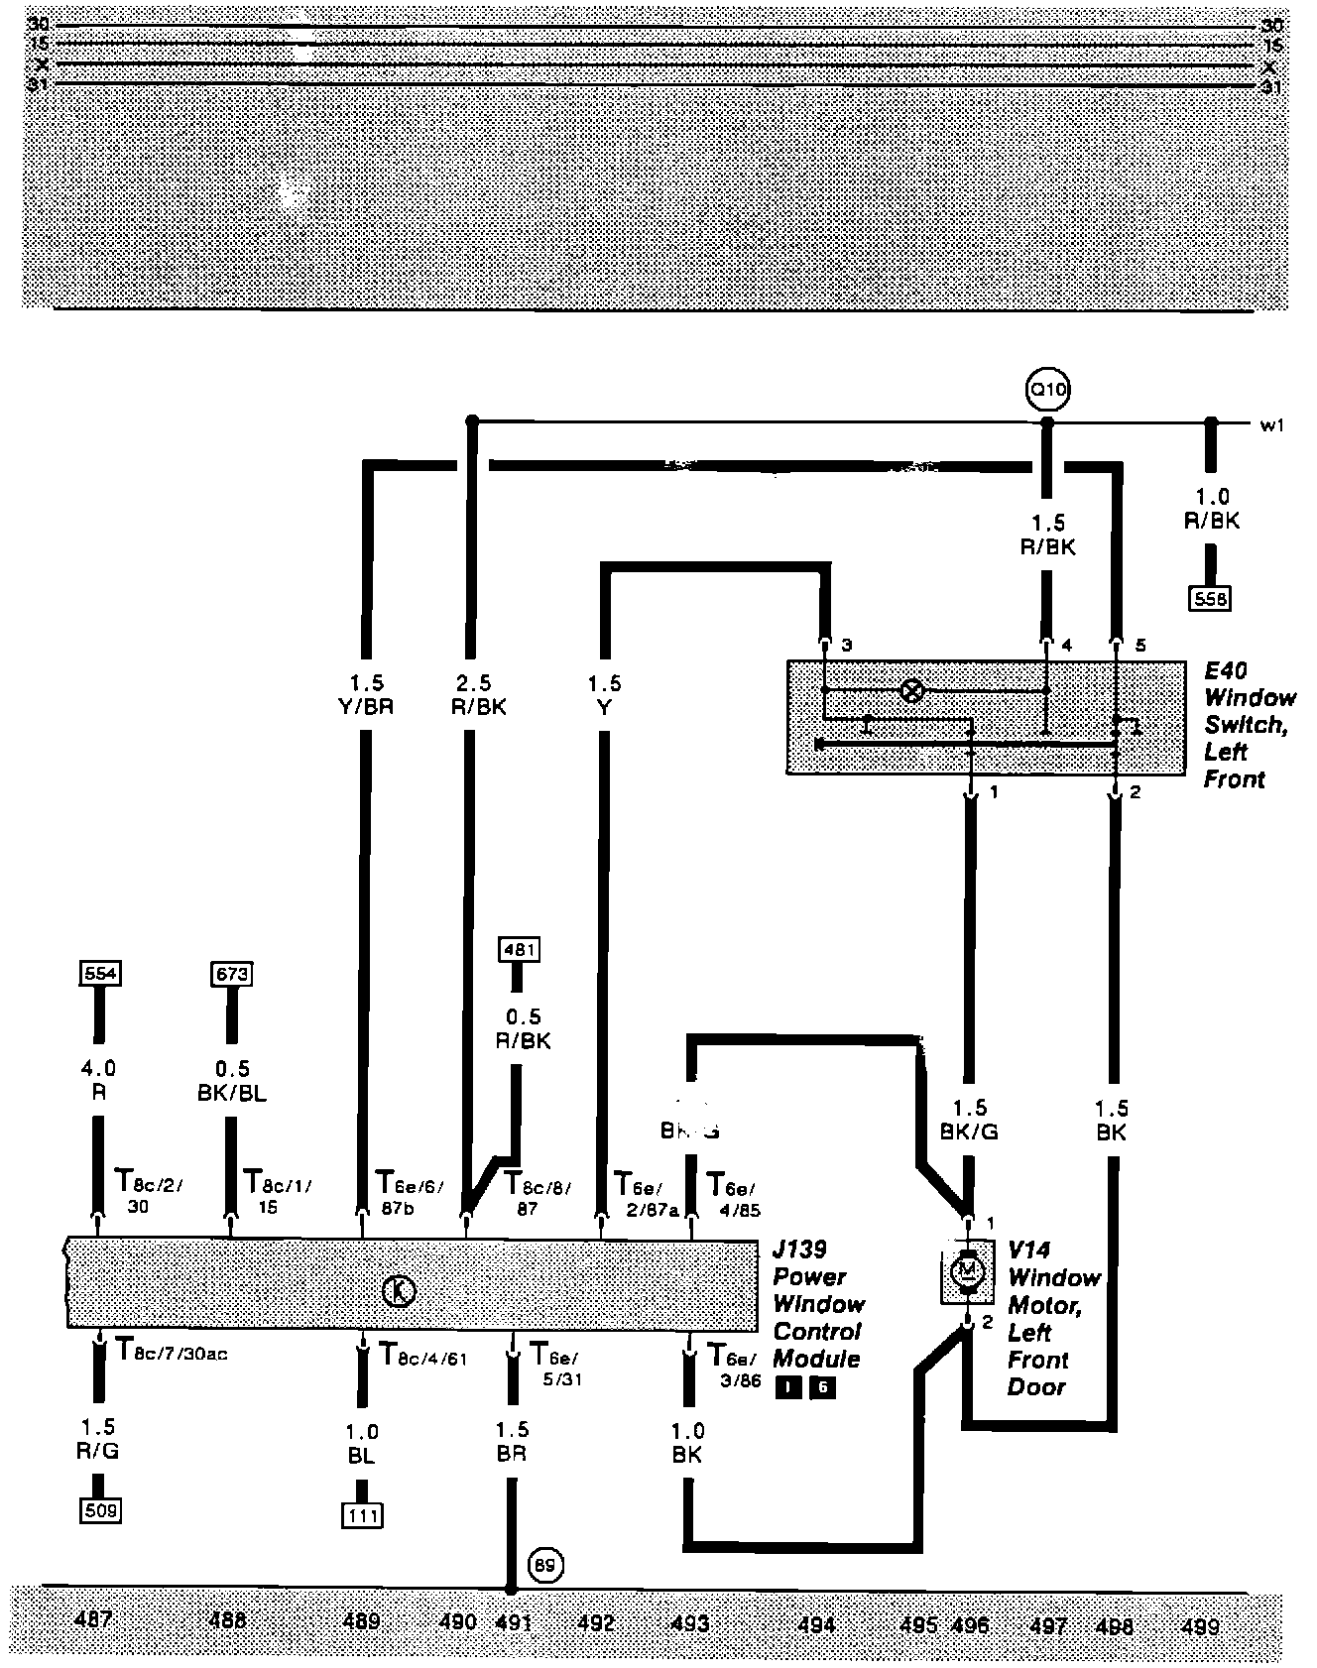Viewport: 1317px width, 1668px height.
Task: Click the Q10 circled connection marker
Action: [1048, 390]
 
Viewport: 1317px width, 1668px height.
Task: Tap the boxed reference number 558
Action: [1209, 599]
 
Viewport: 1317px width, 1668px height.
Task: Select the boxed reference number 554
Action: [99, 973]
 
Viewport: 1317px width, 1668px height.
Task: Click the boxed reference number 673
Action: [231, 973]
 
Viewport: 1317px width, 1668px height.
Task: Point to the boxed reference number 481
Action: [520, 949]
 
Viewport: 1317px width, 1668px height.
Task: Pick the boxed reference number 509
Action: [100, 1511]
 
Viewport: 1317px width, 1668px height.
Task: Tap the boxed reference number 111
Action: [361, 1515]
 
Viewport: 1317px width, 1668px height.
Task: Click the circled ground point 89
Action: [544, 1565]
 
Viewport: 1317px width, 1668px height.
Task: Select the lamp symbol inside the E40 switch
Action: [910, 690]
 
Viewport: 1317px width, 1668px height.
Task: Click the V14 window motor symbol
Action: [967, 1269]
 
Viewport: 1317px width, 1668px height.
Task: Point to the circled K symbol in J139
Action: [398, 1291]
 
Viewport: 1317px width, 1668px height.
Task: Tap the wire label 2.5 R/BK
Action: [478, 694]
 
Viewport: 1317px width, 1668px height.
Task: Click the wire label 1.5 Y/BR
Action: [366, 694]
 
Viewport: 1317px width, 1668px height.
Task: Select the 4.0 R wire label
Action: [98, 1080]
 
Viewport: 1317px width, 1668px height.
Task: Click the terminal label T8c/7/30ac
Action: [172, 1351]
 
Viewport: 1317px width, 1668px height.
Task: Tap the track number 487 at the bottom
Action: [94, 1620]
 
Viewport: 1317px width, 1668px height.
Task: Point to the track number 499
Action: [1200, 1625]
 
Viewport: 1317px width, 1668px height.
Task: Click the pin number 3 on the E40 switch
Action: [845, 646]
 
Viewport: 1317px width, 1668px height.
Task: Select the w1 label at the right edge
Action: [1272, 426]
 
